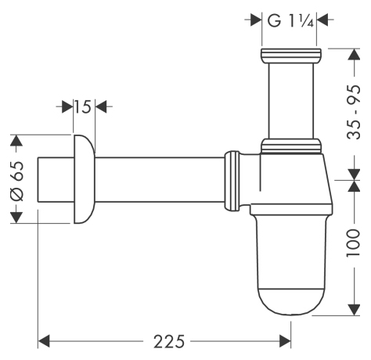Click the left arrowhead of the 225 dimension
coord(45,342)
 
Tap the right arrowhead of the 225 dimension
coord(286,342)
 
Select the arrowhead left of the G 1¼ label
coord(254,20)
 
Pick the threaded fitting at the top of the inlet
coord(291,57)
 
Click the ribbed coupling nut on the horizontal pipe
coord(232,179)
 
